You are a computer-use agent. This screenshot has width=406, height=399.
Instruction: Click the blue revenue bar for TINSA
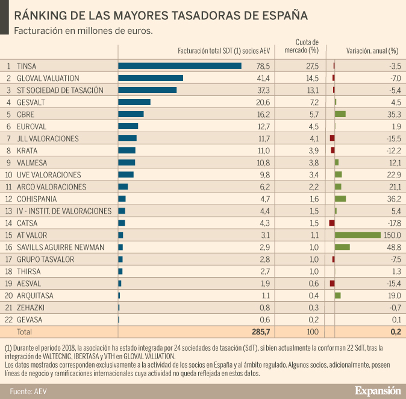click(x=180, y=66)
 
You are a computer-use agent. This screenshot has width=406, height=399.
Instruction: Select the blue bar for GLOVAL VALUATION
click(x=151, y=78)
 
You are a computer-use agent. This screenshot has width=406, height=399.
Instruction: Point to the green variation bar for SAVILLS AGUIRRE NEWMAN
click(x=342, y=247)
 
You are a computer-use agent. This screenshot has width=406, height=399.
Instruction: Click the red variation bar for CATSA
click(x=332, y=223)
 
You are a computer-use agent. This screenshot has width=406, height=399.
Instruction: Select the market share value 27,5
click(x=312, y=66)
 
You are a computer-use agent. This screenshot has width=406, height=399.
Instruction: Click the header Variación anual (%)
click(x=372, y=51)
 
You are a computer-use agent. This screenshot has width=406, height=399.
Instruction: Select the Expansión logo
click(x=377, y=390)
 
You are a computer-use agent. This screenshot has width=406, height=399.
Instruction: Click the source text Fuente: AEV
click(x=28, y=391)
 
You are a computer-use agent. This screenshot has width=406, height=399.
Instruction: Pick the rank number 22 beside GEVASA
click(x=9, y=319)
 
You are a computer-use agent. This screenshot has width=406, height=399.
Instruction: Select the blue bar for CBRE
click(x=131, y=114)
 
